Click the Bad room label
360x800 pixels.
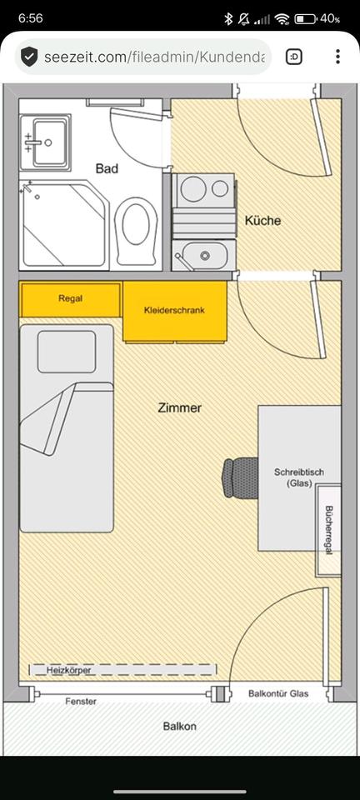(107, 168)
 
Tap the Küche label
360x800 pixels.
(262, 221)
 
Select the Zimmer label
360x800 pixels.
(179, 408)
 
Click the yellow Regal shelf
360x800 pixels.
(70, 299)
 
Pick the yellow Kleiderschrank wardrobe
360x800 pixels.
(175, 311)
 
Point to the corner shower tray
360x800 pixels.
(64, 224)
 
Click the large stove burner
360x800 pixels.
(194, 188)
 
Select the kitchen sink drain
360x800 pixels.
(205, 255)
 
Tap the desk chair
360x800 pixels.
(240, 477)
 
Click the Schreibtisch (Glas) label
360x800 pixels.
(299, 477)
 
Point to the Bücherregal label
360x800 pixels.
(328, 531)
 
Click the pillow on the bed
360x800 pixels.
(67, 352)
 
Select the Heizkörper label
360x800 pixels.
(68, 670)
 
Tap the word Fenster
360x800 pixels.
(81, 702)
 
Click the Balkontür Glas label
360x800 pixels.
(278, 694)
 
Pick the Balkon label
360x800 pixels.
(179, 726)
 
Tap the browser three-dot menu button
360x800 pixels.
(337, 56)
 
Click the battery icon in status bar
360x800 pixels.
(305, 19)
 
